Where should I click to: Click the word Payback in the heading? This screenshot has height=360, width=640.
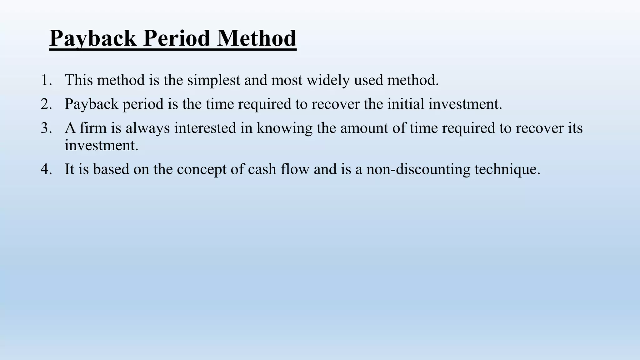(x=93, y=39)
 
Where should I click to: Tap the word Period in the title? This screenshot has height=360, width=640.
(x=177, y=39)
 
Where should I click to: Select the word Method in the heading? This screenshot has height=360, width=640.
(x=257, y=39)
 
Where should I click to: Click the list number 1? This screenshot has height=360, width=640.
(x=46, y=80)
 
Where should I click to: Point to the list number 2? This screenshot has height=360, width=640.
(x=46, y=104)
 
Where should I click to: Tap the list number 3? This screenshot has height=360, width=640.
(x=46, y=128)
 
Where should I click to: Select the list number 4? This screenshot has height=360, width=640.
(x=46, y=169)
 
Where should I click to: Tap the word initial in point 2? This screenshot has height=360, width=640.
(x=406, y=104)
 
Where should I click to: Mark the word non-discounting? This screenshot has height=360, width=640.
(x=418, y=170)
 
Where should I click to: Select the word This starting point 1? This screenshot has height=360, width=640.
(x=79, y=80)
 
